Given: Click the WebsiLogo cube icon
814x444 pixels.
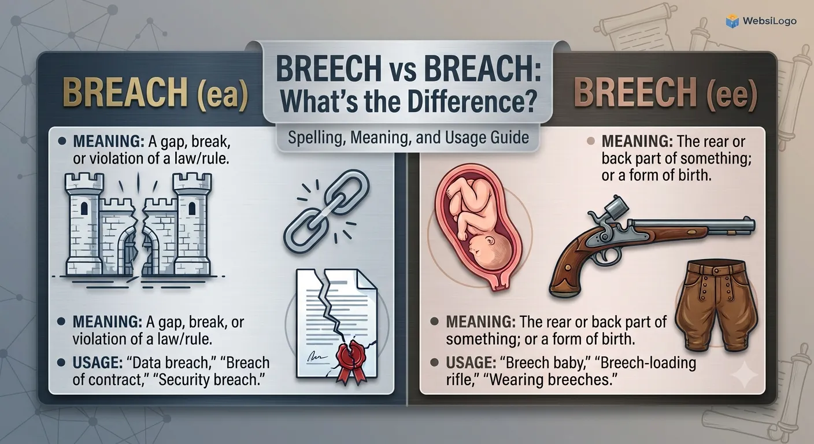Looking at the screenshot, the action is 732,21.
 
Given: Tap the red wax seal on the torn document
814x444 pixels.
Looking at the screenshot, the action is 351,356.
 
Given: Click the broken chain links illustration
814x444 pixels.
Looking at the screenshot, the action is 325,212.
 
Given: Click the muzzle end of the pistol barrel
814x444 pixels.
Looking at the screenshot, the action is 752,224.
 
